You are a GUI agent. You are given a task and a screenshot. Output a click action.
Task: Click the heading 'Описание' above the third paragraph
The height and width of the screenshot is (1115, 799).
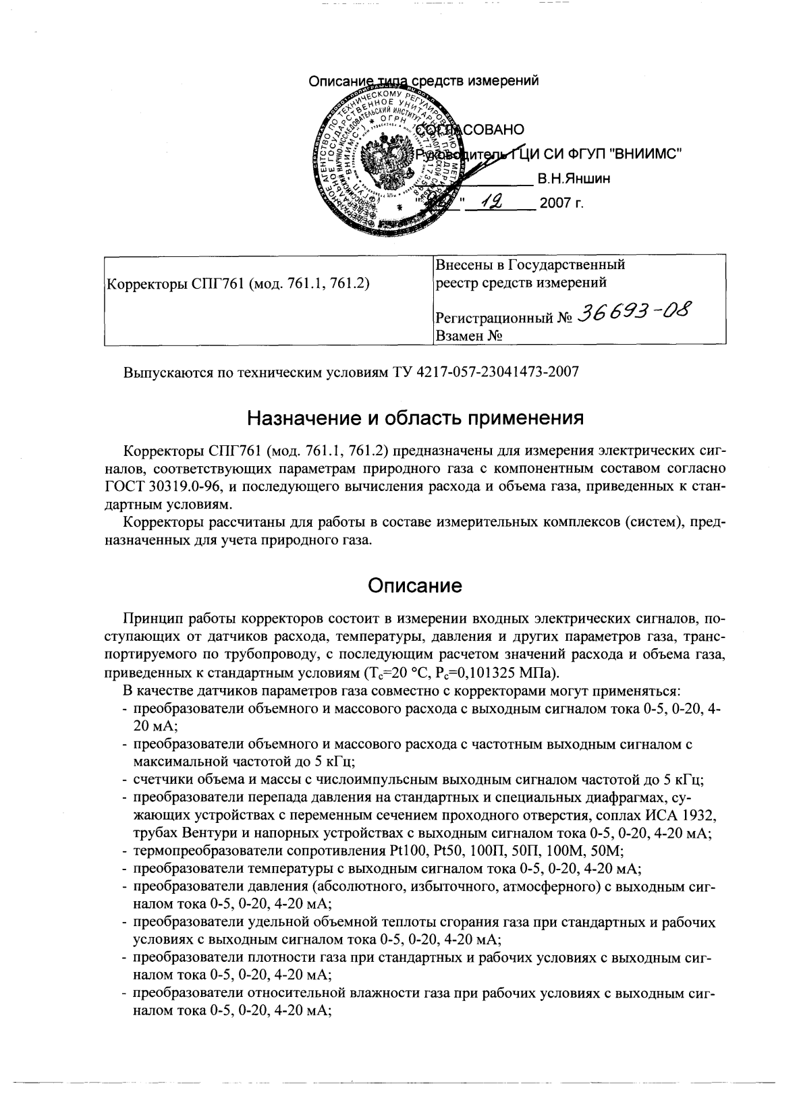[414, 585]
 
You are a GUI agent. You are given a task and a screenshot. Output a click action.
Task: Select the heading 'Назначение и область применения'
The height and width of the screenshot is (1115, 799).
[414, 419]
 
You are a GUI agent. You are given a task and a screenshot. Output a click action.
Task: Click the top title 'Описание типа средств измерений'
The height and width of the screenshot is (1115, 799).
[423, 82]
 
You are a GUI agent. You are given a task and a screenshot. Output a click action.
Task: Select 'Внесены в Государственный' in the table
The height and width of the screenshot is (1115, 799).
[530, 264]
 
